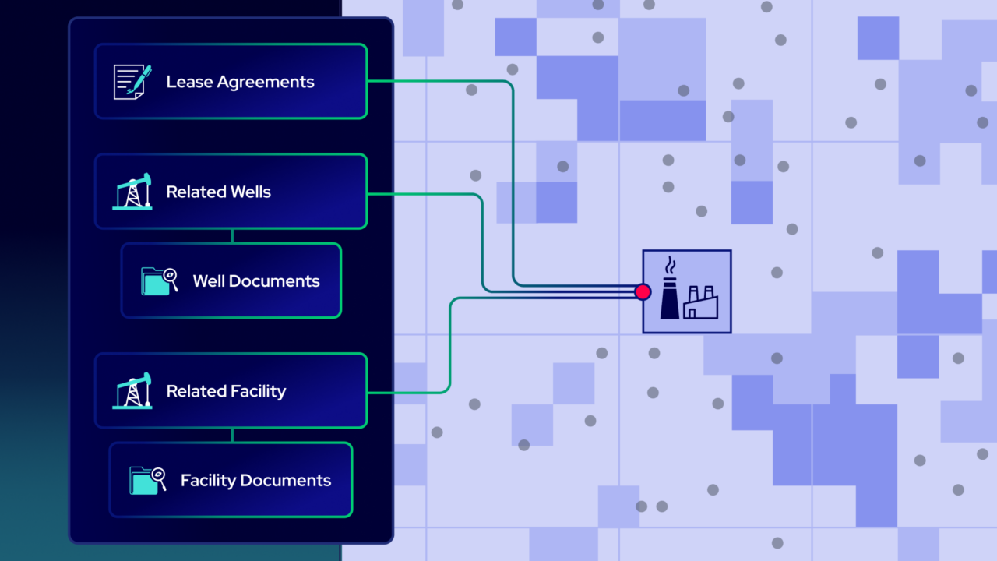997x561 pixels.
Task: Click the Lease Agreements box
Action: [231, 82]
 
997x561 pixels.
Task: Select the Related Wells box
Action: [231, 192]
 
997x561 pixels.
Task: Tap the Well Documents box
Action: [231, 280]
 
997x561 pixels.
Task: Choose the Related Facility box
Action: [231, 391]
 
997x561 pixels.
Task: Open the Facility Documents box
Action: [231, 480]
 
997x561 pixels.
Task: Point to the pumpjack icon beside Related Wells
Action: [132, 192]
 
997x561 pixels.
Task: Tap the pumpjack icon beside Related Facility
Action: [132, 391]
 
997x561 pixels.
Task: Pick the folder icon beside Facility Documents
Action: [147, 480]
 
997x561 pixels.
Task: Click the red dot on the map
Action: [643, 291]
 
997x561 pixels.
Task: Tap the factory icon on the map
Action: [688, 291]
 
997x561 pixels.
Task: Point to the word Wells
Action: [251, 192]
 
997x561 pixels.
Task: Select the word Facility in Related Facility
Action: [258, 391]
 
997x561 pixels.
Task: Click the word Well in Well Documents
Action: [209, 280]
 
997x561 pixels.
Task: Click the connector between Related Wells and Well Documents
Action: [232, 236]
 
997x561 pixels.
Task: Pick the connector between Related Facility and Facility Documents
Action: [232, 435]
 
